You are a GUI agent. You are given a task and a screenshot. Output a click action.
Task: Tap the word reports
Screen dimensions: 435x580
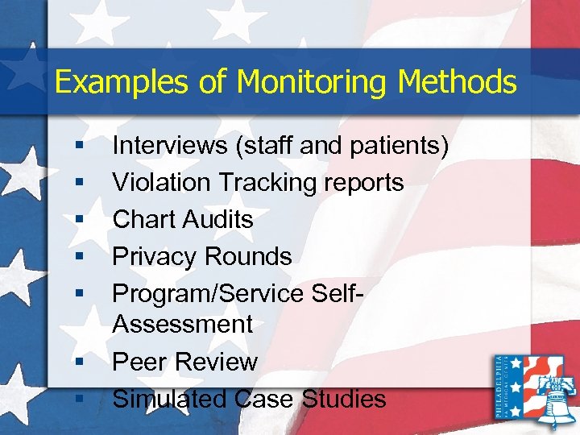[x=362, y=183]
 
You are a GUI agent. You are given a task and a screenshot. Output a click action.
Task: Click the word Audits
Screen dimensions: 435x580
[x=218, y=220]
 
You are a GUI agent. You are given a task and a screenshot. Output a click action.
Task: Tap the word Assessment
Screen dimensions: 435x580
[x=183, y=325]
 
